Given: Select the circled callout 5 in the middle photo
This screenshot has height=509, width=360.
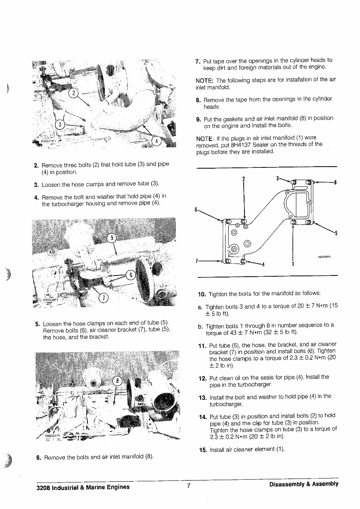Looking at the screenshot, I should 112,238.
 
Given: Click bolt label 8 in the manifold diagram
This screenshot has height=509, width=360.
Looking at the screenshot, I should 335,183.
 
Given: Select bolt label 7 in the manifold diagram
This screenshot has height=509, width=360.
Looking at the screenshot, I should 197,261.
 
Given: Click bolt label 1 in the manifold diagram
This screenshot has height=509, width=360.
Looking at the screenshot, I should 293,264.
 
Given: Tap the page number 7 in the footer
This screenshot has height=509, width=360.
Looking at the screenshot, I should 189,486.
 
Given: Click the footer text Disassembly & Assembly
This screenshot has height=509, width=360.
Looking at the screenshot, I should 303,484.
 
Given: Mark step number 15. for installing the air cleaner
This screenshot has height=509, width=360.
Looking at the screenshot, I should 203,450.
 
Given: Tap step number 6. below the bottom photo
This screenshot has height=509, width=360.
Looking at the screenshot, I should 38,458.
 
